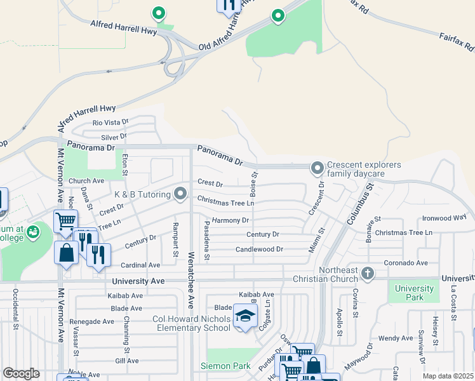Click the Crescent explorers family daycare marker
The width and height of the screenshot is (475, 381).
317,168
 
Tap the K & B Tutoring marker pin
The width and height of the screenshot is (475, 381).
182,192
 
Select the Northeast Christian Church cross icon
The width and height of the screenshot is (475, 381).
367,274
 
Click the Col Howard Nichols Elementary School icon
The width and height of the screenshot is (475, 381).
244,316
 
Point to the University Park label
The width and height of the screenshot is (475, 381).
414,293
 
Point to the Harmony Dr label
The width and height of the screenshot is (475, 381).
231,220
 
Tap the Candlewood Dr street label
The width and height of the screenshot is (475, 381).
259,250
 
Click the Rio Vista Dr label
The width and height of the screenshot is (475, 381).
110,122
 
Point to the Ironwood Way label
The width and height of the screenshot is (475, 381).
444,218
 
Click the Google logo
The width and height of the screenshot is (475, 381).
21,373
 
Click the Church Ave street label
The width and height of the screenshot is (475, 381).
86,181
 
